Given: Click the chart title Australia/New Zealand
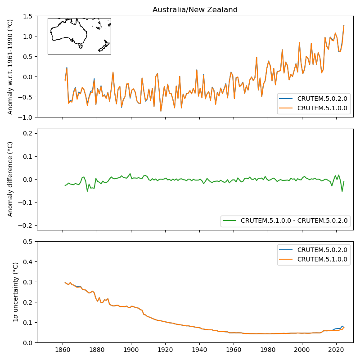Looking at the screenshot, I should pos(195,10).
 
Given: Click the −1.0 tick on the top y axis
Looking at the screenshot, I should pos(27,117).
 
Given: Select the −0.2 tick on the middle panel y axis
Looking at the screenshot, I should pos(27,225).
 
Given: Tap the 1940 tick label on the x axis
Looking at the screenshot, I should pos(199,349).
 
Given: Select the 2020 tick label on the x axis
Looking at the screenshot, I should pos(336,349).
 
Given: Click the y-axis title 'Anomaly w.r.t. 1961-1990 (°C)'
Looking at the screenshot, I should pos(10,67).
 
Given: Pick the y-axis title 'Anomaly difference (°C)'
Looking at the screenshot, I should pos(10,179).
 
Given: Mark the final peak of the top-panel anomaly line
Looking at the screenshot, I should pos(344,26).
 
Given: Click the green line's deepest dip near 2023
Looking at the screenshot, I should pos(342,191).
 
